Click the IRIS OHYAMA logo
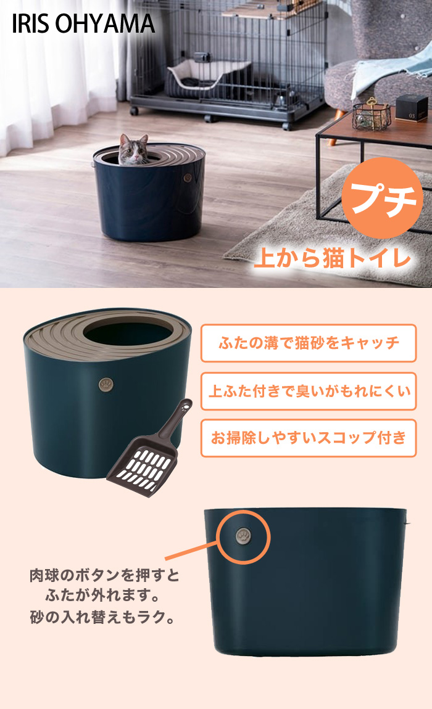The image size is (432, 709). point(83,24)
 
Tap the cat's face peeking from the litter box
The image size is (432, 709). point(133,150)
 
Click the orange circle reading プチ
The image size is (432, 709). point(382,198)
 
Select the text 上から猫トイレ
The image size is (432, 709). point(333,259)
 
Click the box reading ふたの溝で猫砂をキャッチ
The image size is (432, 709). point(309,343)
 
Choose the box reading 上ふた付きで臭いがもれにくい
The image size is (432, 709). point(309,391)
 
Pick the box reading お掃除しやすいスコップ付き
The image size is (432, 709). point(309,438)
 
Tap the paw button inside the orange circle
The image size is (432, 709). point(244,537)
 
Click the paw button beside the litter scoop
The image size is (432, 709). point(106,385)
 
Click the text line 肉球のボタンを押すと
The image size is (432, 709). point(104,575)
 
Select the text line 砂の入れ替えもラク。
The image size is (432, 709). point(102,617)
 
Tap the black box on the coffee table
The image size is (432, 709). point(411,108)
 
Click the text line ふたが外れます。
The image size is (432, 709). point(102,596)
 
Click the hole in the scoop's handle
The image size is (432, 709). point(183,408)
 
